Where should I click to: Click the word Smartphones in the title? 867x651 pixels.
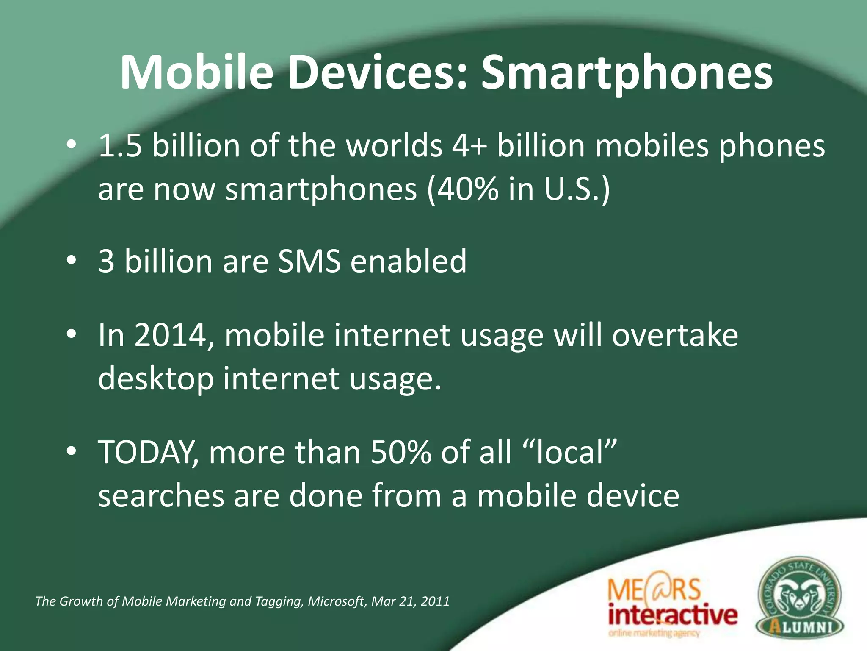[x=627, y=73]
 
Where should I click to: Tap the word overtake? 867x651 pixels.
[x=675, y=335]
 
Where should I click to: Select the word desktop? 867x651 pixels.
[x=156, y=378]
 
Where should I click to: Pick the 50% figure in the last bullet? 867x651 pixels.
[x=400, y=452]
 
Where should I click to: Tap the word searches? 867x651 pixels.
[x=161, y=495]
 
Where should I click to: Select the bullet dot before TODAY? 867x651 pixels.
[x=71, y=451]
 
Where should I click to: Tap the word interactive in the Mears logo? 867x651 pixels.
[x=673, y=615]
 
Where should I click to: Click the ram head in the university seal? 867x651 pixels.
[x=799, y=593]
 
